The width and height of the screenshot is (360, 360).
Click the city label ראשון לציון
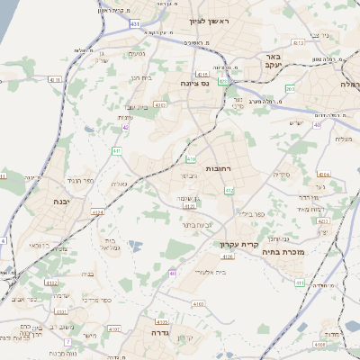210,20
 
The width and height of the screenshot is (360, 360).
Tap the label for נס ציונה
193,83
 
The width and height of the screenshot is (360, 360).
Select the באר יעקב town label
274,60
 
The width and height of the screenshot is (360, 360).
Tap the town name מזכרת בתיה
306,252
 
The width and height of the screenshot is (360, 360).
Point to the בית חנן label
142,78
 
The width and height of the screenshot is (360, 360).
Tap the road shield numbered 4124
97,212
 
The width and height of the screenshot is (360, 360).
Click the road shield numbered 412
229,191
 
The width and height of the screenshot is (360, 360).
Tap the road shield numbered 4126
228,256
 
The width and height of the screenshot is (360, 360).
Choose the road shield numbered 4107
113,329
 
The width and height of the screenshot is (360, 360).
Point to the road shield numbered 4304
323,175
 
